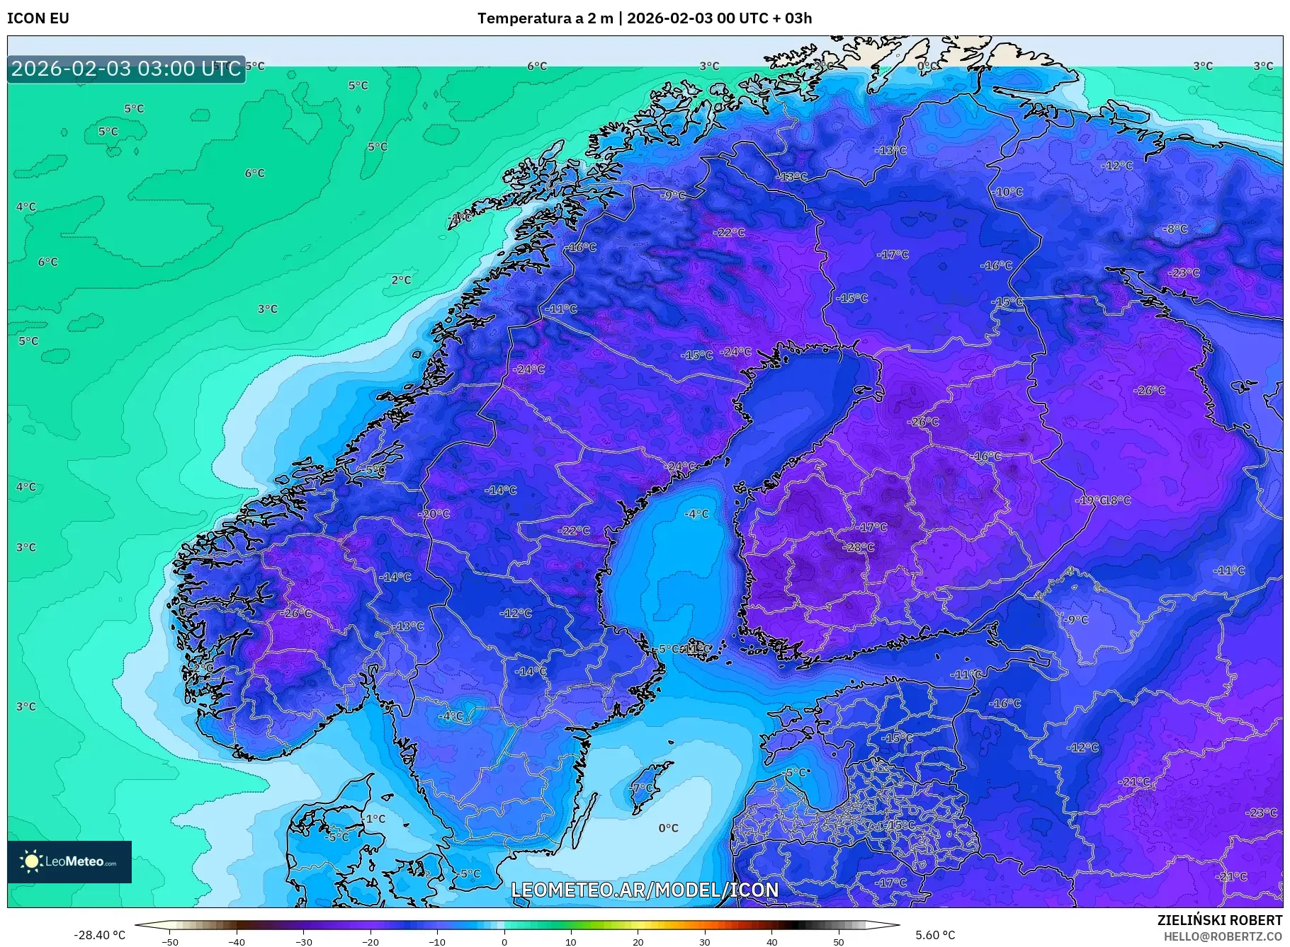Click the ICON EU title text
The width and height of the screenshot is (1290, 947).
[x=38, y=18]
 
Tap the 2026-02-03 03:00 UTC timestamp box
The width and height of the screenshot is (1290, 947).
[x=126, y=69]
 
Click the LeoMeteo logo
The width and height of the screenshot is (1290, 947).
[x=69, y=861]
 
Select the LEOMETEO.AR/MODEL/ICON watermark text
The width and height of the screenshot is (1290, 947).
[x=645, y=890]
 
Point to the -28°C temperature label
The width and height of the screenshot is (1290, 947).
[x=859, y=547]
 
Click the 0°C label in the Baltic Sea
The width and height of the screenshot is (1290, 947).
[x=668, y=828]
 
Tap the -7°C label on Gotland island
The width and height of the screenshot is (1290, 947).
[x=642, y=788]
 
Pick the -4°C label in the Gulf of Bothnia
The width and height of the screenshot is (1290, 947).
[x=696, y=514]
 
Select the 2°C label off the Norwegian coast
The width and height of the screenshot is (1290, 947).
[x=401, y=280]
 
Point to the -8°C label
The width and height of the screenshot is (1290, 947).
[x=1175, y=229]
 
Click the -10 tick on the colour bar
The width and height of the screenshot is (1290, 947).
[x=437, y=941]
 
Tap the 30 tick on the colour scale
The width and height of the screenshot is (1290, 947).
[x=704, y=941]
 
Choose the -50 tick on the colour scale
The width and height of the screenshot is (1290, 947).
[x=170, y=941]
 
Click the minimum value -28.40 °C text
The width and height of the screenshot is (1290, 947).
[x=99, y=935]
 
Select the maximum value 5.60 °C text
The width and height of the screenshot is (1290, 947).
[x=934, y=935]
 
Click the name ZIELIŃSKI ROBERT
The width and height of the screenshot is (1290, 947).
[x=1219, y=920]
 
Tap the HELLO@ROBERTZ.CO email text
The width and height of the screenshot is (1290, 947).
[x=1223, y=936]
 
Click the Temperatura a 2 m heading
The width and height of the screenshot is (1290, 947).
[x=545, y=18]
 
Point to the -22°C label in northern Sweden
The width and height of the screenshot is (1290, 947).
[x=729, y=232]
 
